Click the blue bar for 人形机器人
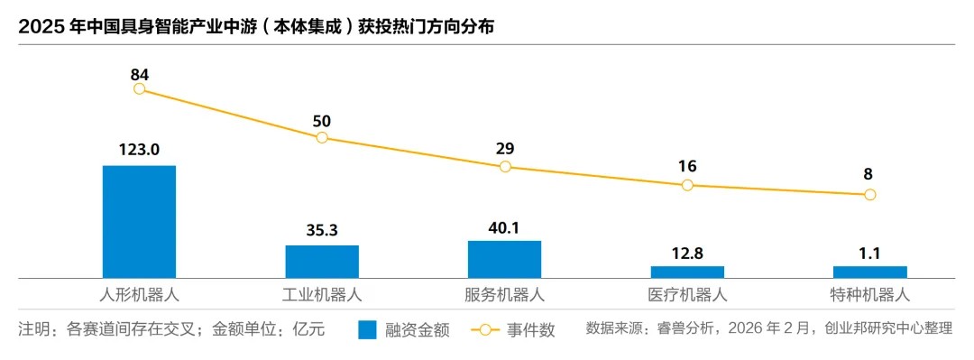139,221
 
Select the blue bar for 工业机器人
322,261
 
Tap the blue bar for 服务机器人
504,259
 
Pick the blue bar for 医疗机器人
687,272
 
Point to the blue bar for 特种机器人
869,272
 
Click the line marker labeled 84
139,88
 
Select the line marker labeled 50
322,137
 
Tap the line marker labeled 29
505,167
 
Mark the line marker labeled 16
687,185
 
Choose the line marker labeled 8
869,194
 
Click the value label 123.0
139,150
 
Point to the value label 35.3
322,230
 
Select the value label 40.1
504,226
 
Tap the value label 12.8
687,252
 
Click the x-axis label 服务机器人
504,295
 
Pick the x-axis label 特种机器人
869,295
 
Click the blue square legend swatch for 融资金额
367,329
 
